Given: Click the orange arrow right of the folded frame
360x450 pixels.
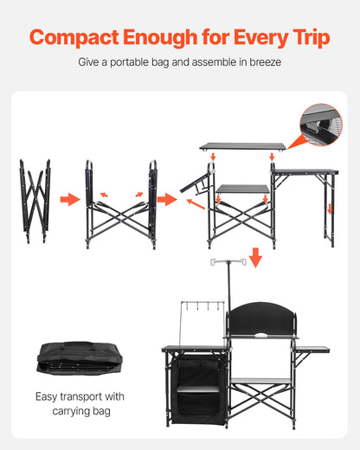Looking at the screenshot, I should point(70,200).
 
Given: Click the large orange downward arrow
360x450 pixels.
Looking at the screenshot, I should point(254,257).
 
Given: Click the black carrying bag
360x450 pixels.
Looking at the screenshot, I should point(80,357).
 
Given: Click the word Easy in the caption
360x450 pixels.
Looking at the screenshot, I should point(49,397).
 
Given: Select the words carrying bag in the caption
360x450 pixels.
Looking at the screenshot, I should point(80,411).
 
